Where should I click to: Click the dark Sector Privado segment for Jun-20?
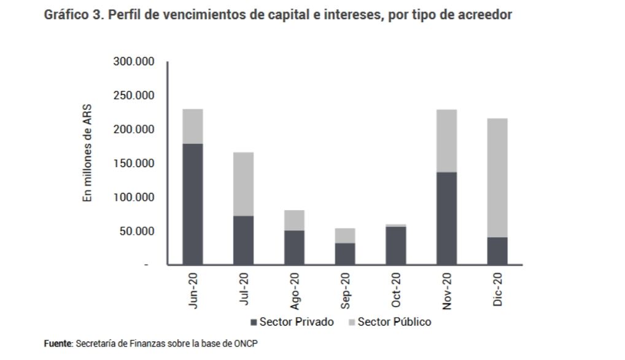click(x=193, y=204)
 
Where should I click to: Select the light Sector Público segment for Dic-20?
click(x=497, y=178)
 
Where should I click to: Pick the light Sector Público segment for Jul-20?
click(x=244, y=184)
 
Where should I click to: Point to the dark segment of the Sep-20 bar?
click(x=345, y=254)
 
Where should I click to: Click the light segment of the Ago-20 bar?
click(x=294, y=220)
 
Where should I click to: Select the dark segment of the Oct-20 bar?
click(x=396, y=246)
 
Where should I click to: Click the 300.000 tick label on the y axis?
click(x=133, y=62)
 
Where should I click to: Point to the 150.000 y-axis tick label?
click(x=133, y=163)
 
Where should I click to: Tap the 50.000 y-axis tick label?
click(x=136, y=232)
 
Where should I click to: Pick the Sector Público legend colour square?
click(x=352, y=322)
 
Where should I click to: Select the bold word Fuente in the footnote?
click(x=57, y=343)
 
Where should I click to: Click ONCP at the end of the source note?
click(x=246, y=343)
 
